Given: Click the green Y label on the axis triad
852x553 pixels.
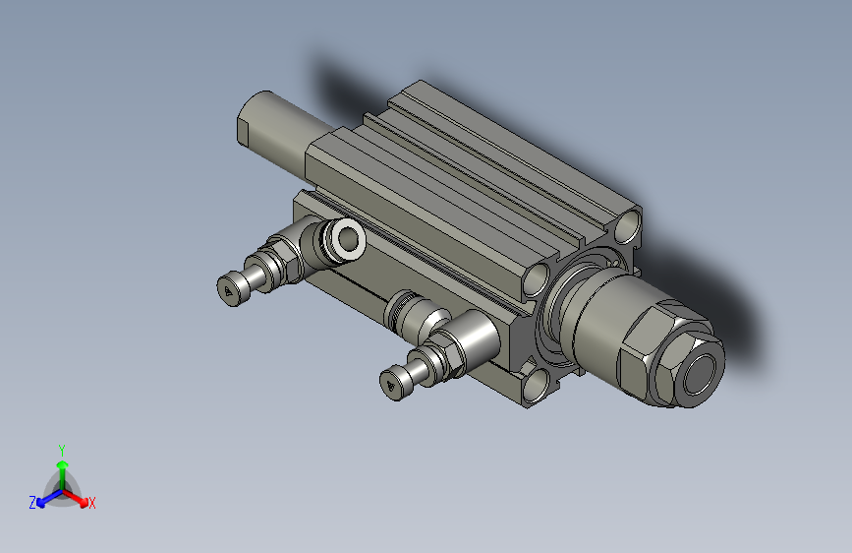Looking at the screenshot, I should click(x=61, y=448).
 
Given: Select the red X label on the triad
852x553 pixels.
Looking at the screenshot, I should click(x=92, y=504).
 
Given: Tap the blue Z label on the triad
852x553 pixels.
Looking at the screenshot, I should click(x=31, y=503).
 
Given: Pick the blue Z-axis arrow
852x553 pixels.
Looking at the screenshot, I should click(x=45, y=497).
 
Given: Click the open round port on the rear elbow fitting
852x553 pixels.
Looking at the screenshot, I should click(x=347, y=237).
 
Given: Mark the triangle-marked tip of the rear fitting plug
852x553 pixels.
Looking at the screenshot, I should click(x=230, y=289).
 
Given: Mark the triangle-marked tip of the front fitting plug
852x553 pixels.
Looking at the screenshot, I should click(x=395, y=384).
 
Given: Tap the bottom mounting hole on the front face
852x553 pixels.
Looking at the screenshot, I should click(x=535, y=387).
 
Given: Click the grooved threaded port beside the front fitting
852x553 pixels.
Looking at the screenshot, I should click(x=408, y=313).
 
